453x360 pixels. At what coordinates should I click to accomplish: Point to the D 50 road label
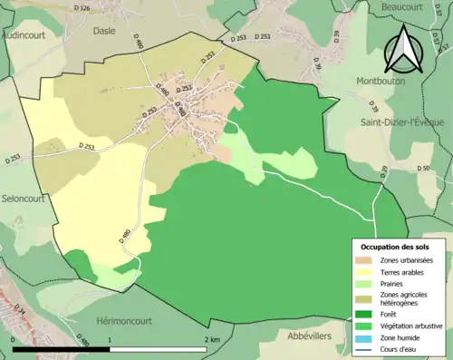point(423,169)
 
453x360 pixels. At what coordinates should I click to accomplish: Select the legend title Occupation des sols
point(395,247)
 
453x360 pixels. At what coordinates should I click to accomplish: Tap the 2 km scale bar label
point(212,340)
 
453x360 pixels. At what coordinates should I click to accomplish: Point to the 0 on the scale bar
point(13,340)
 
